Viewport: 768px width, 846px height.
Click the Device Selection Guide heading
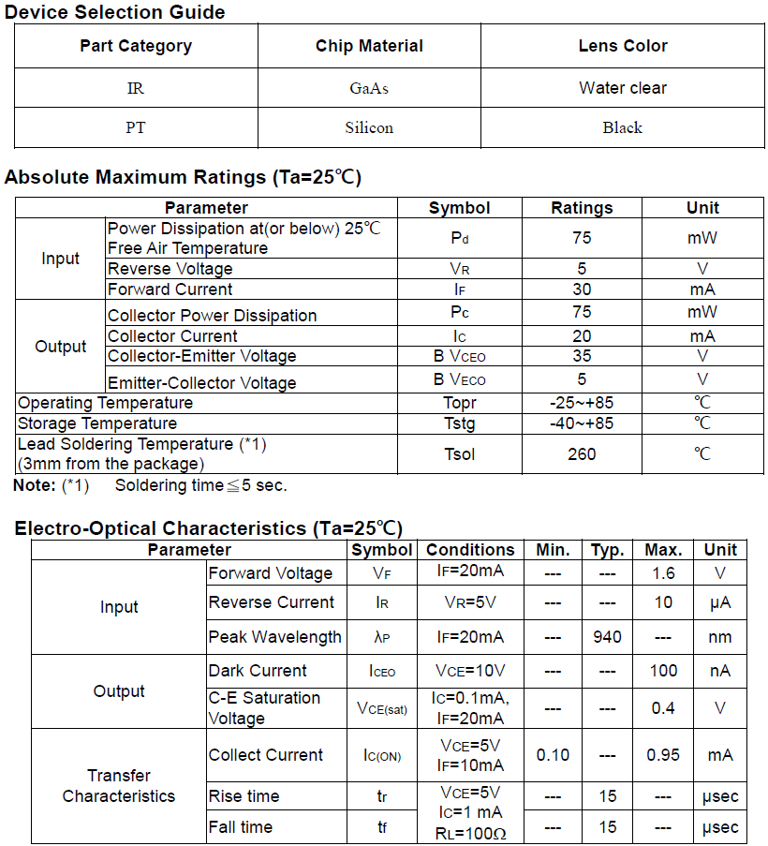coord(115,12)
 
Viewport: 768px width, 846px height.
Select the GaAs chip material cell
coord(369,88)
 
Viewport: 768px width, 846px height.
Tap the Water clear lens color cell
coord(623,88)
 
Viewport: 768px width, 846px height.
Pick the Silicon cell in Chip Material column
coord(369,127)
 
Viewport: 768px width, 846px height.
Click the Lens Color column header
coord(623,46)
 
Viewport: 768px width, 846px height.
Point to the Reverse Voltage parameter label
coord(170,269)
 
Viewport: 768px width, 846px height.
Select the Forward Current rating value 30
coord(582,289)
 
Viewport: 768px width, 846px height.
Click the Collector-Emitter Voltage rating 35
coord(582,356)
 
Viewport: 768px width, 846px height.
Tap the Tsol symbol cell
coord(459,454)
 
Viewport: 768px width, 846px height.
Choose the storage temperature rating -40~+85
coord(582,423)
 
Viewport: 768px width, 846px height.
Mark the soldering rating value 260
coord(582,454)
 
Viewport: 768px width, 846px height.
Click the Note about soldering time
coord(151,485)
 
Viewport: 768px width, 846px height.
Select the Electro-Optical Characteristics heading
coord(208,528)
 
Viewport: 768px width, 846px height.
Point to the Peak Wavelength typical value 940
coord(607,637)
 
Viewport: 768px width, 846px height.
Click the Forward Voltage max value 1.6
coord(663,573)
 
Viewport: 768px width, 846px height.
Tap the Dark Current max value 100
coord(663,671)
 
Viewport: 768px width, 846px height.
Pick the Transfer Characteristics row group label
coord(119,786)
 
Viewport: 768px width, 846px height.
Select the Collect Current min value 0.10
coord(553,755)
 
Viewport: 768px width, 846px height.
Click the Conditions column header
coord(470,550)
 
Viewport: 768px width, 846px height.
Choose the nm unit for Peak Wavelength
coord(720,637)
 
